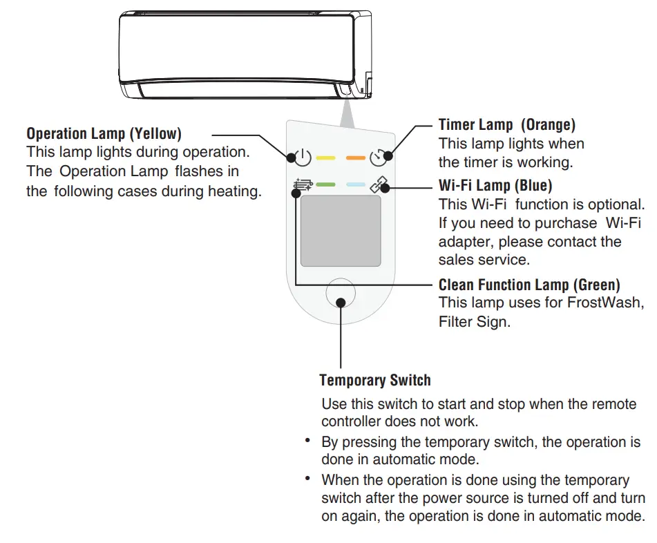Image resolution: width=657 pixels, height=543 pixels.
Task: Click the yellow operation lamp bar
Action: click(x=325, y=158)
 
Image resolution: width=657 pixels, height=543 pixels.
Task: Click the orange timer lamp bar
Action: click(x=355, y=158)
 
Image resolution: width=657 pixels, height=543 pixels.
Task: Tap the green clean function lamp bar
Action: click(x=325, y=185)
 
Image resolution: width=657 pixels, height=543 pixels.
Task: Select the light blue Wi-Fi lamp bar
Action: click(x=355, y=185)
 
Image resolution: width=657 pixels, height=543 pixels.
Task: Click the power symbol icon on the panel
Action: click(x=303, y=158)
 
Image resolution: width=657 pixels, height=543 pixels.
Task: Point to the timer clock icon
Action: click(x=379, y=158)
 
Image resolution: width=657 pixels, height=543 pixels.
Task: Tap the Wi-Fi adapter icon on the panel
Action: click(x=379, y=186)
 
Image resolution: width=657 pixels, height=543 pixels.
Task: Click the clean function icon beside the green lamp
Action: click(x=303, y=185)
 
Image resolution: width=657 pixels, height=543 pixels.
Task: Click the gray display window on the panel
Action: click(x=341, y=231)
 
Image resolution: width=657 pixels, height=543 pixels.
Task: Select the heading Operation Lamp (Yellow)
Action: click(x=104, y=133)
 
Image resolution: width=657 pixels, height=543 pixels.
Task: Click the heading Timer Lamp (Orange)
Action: click(x=507, y=125)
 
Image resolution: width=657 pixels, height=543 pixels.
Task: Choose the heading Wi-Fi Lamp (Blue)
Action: click(x=495, y=186)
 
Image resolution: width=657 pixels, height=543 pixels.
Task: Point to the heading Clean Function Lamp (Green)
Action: click(x=529, y=285)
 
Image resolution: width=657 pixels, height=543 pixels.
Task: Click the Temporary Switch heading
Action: click(x=375, y=381)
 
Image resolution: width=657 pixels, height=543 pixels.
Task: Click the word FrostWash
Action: click(x=605, y=303)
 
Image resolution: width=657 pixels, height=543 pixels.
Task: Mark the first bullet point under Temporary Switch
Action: click(x=307, y=441)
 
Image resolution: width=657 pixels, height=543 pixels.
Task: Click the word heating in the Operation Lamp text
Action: click(x=235, y=191)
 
